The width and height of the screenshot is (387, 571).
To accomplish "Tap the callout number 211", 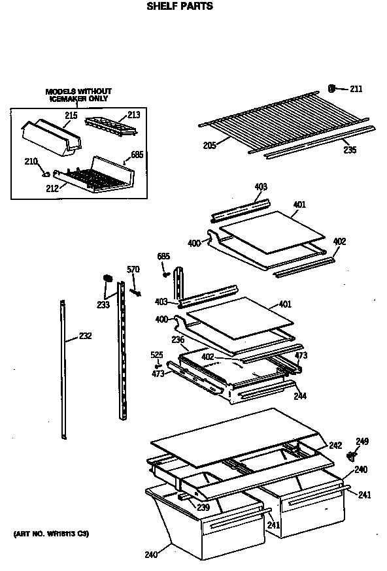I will pos(356,89).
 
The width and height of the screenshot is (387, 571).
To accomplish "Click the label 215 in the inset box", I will pos(71,116).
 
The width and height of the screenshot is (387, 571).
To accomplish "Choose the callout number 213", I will pos(133,115).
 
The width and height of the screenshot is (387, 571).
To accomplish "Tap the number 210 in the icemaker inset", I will pos(31,161).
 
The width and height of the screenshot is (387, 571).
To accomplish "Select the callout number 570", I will pos(133,269).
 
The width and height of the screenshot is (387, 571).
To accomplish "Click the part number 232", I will pos(85,336).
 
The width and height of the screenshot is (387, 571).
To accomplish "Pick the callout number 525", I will pos(157,355).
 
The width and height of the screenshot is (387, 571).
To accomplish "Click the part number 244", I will pos(300,395).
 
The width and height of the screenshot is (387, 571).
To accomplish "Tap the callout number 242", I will pos(335,445).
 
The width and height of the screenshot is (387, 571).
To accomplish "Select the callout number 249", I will pos(362,442).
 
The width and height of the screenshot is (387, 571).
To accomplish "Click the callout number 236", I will pos(177,340).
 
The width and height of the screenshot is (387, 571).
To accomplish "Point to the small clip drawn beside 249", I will pos(352,454).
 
